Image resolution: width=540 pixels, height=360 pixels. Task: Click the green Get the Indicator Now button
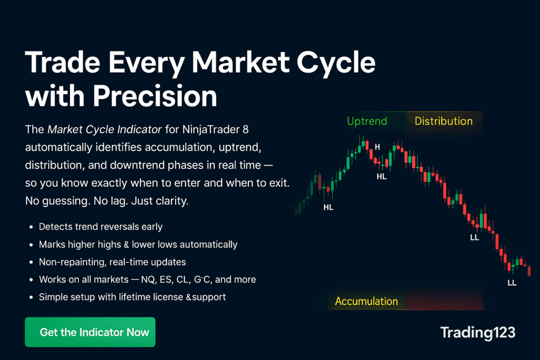pos(90,332)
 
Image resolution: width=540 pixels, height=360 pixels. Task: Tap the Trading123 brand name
pos(478,333)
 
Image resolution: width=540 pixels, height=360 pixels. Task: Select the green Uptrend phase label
pos(367,121)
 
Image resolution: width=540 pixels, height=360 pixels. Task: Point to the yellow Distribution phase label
pos(443,121)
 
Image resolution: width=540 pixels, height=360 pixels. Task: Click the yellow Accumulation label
pos(367,301)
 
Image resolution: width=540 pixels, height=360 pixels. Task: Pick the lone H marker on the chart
pos(378,147)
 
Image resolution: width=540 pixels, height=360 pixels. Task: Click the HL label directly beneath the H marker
pos(382,177)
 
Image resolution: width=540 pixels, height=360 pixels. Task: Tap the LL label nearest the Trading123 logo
pos(512,283)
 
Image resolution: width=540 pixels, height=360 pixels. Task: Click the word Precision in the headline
pos(155,96)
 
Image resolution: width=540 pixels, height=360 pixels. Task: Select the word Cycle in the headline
pos(336,63)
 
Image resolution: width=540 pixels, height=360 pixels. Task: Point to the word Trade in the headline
pos(63,62)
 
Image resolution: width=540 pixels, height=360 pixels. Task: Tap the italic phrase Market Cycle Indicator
pos(104,130)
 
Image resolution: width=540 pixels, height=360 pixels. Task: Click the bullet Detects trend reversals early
pos(101,227)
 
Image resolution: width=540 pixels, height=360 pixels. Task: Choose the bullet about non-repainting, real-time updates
pos(112,262)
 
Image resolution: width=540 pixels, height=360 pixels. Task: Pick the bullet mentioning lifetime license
pos(132,297)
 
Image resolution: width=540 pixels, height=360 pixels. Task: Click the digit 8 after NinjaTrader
pos(246,130)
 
